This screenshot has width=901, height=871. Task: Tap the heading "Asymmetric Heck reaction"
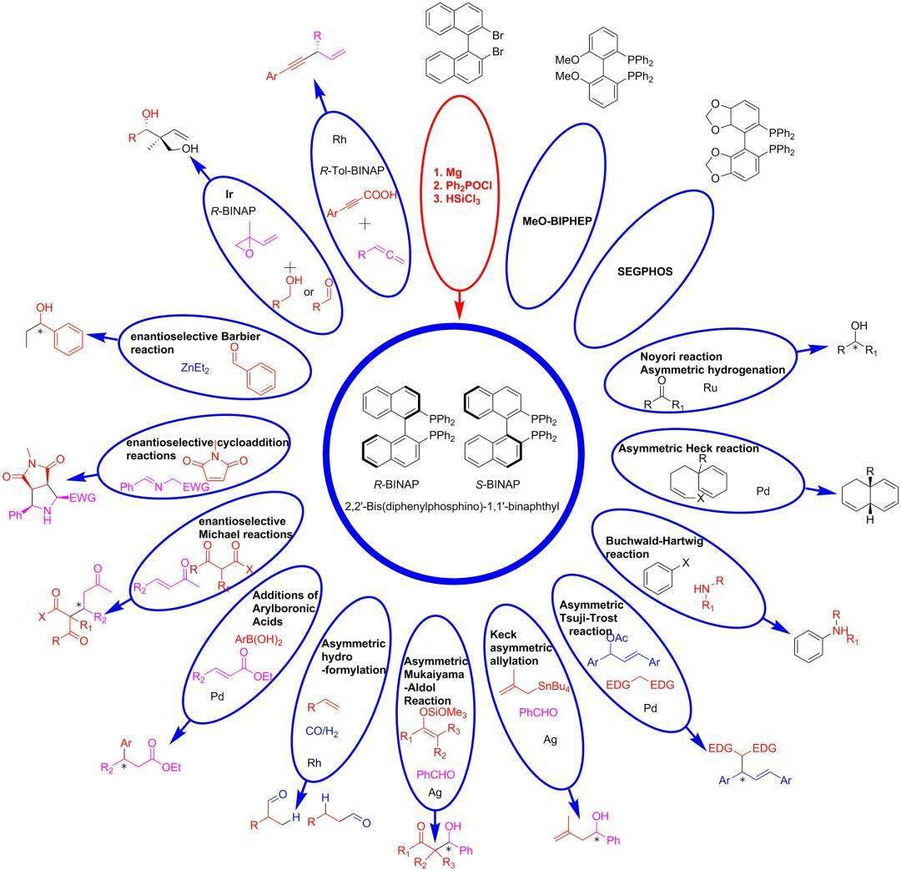[688, 448]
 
